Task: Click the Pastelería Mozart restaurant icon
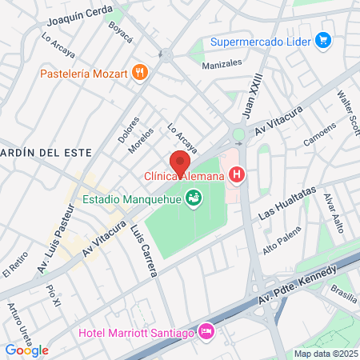click(141, 73)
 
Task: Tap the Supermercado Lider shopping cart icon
click(323, 41)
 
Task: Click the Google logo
click(26, 350)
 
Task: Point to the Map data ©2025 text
click(324, 354)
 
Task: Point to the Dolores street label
click(128, 130)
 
